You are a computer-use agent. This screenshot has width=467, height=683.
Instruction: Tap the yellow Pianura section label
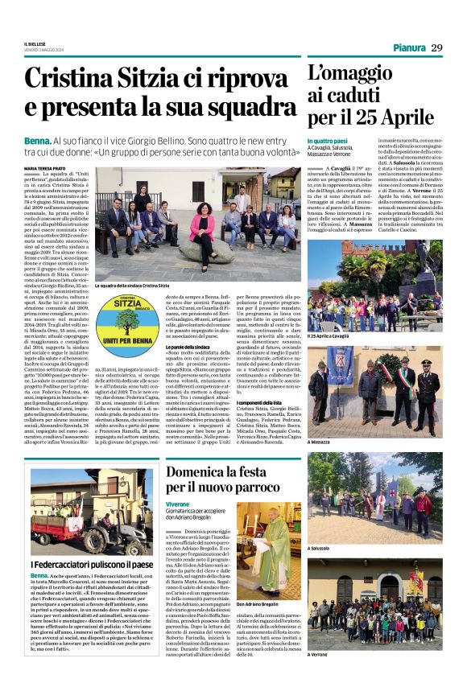(408, 47)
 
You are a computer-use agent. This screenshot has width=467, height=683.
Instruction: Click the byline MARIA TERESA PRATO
(45, 167)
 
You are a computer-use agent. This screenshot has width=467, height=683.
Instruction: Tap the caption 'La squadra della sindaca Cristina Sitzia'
(131, 286)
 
